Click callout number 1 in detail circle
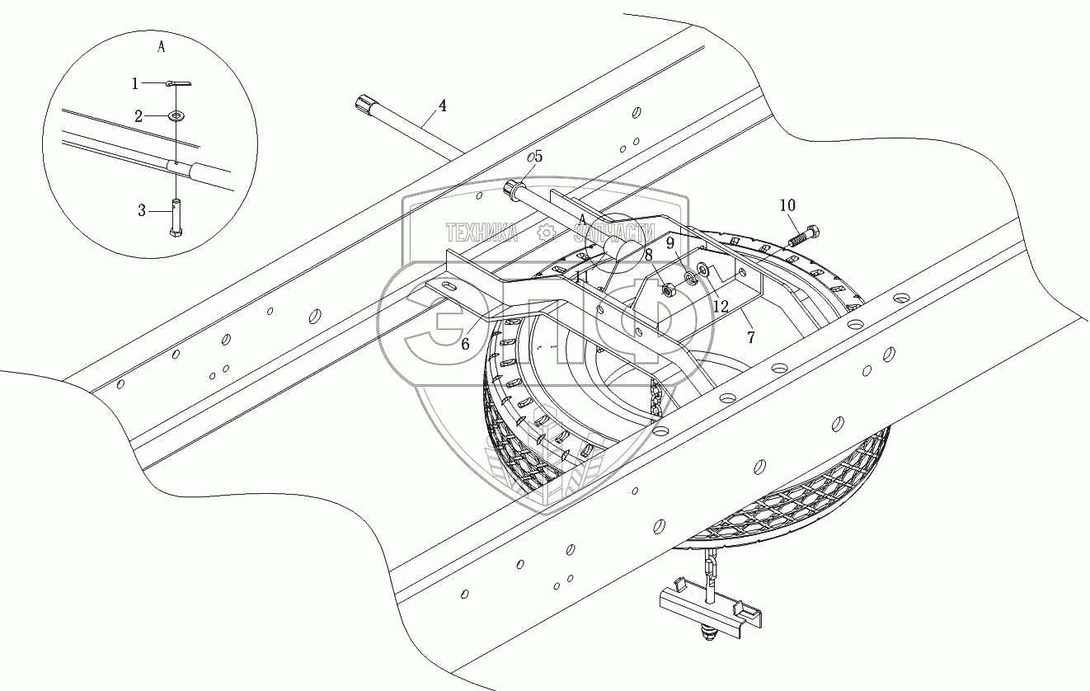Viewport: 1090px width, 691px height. [136, 83]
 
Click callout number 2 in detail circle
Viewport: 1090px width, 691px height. [139, 117]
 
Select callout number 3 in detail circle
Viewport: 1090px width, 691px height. [143, 211]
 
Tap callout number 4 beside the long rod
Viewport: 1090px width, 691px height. [443, 106]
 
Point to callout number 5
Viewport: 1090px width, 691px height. [538, 156]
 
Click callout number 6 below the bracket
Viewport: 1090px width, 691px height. [465, 344]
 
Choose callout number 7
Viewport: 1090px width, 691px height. [750, 338]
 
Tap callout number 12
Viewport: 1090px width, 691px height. [721, 306]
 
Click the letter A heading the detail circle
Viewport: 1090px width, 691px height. [161, 47]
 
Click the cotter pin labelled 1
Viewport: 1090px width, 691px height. [179, 82]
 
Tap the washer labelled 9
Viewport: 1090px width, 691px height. [689, 278]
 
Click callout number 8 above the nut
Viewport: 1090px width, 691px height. [650, 256]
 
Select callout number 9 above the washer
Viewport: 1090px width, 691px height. [670, 243]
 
